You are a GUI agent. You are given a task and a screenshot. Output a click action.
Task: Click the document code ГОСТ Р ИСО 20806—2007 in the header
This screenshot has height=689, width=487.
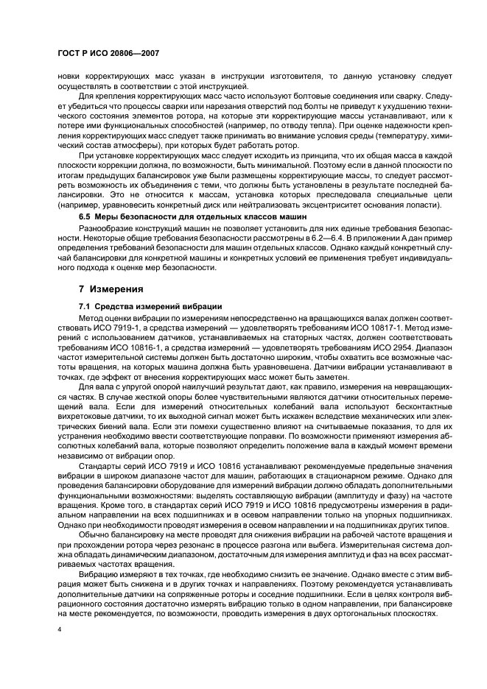[x=109, y=54]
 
